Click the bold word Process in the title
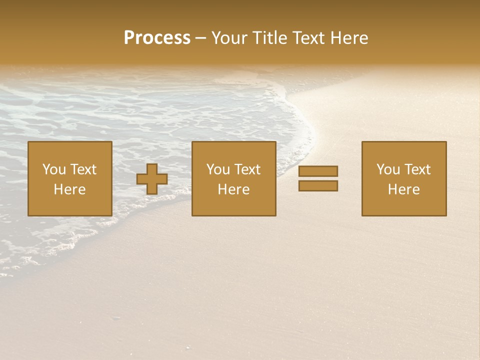(157, 38)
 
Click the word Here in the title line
(350, 38)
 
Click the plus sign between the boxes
(152, 179)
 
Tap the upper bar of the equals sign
(318, 171)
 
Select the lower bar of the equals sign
(318, 186)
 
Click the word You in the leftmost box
(54, 169)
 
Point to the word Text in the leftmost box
(83, 169)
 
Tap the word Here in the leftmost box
(69, 189)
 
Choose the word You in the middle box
(218, 169)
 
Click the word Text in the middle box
(247, 169)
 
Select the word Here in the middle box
(233, 189)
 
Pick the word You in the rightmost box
(388, 169)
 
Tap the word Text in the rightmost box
(417, 169)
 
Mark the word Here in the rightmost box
(403, 189)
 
